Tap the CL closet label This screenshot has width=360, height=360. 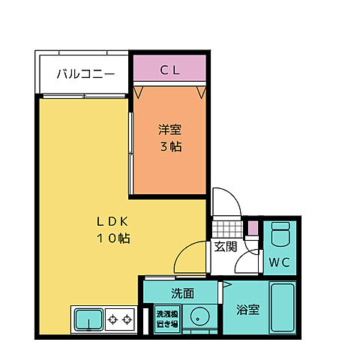169,70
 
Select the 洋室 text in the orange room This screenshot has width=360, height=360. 169,128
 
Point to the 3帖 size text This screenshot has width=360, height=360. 169,146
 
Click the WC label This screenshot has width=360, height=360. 280,262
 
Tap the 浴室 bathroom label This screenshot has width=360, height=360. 247,308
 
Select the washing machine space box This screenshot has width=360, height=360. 166,319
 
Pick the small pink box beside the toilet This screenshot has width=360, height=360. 253,228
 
